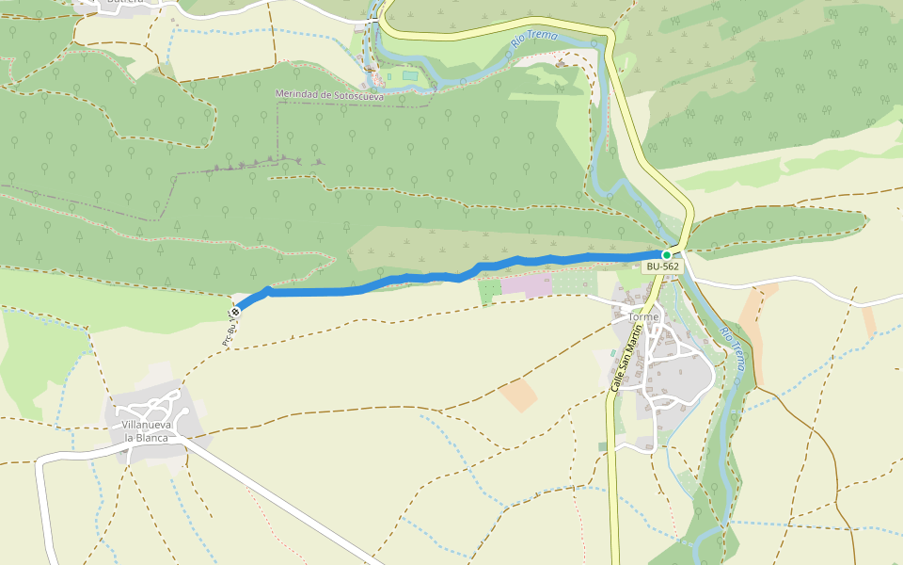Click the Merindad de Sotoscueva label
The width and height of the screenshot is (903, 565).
pos(329,94)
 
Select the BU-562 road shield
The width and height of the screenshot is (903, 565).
pos(661,266)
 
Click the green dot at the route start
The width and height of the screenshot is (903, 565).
pos(667,254)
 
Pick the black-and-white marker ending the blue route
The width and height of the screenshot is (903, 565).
pos(235,311)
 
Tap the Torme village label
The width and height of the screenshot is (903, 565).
pos(644,317)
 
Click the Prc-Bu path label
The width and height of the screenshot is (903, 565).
pos(228,334)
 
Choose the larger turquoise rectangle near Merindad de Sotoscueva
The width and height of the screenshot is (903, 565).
pos(408,75)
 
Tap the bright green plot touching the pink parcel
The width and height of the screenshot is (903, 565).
pos(489,291)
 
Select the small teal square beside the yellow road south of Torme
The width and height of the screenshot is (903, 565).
pos(602,446)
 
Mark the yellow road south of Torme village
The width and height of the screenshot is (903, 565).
pos(613,508)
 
